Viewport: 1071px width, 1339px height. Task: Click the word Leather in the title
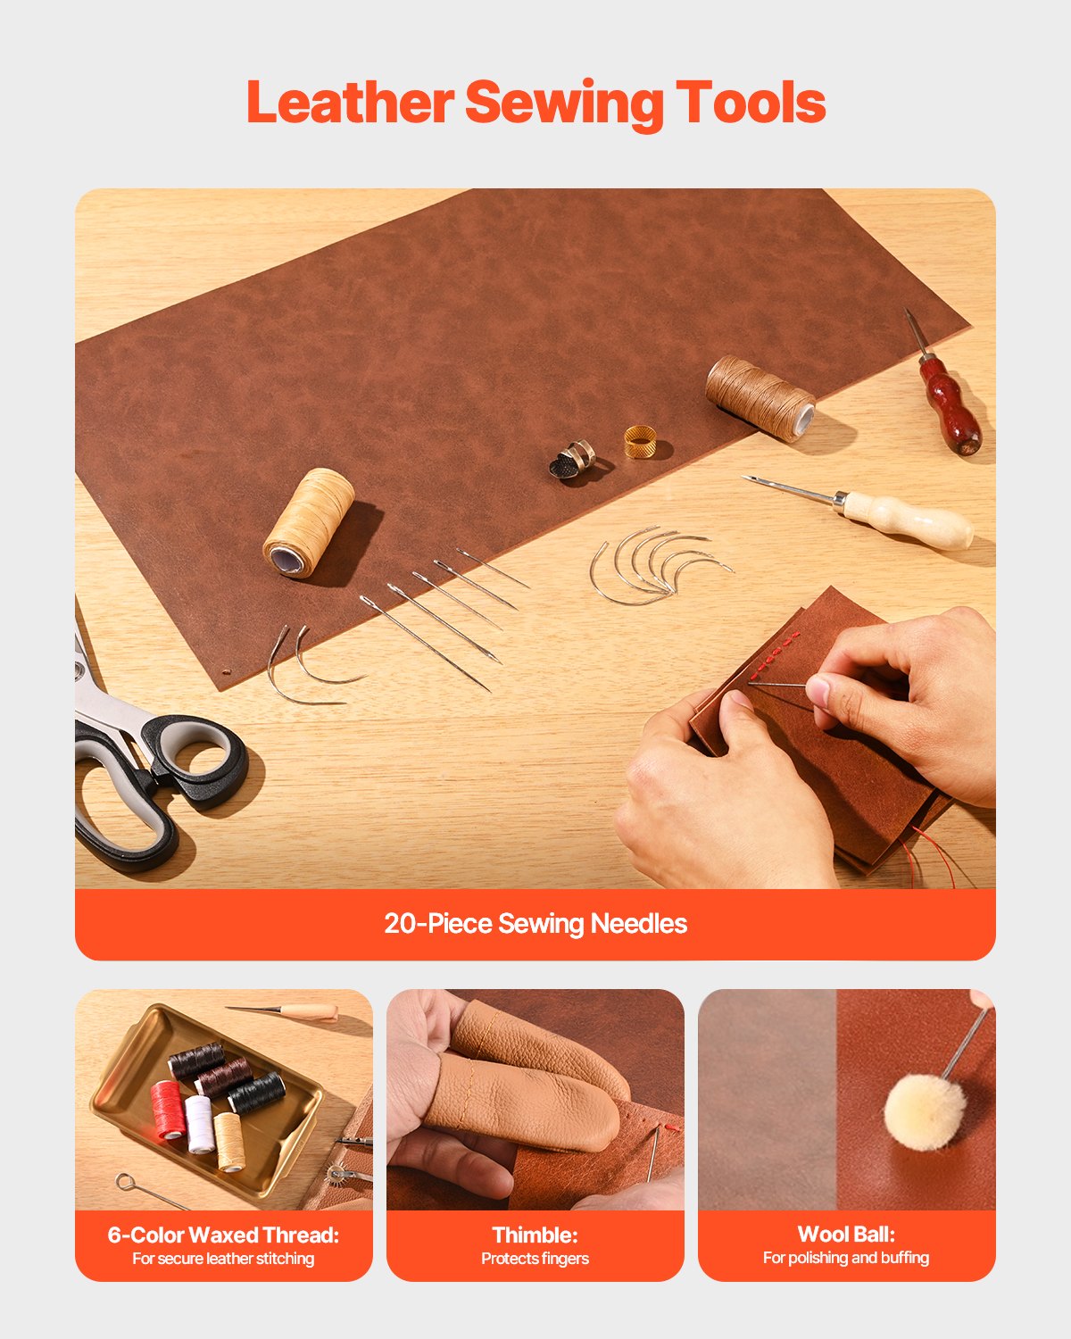[350, 103]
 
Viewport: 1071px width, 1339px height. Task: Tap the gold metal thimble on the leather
[640, 442]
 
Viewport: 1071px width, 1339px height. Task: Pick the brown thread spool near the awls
[760, 398]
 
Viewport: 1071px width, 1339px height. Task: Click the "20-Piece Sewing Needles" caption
[535, 923]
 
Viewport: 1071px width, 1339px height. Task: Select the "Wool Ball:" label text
[845, 1234]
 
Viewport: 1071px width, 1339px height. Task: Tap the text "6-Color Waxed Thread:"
[223, 1235]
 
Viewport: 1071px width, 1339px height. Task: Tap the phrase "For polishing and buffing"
[845, 1258]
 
